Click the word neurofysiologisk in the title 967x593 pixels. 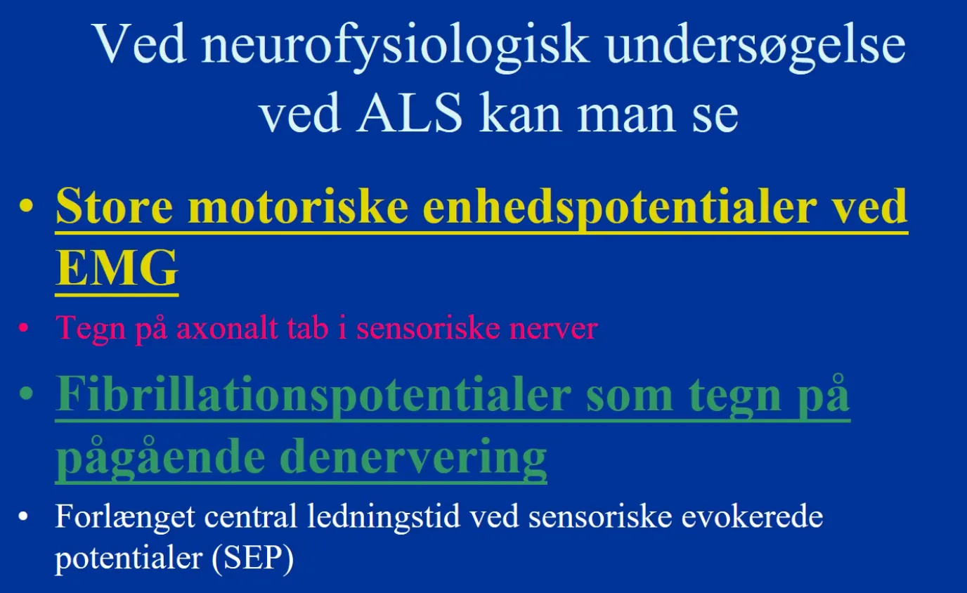[394, 46]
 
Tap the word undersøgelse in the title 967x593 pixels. [755, 46]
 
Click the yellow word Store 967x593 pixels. [115, 207]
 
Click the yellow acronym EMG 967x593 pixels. [117, 268]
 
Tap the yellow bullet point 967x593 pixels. [26, 207]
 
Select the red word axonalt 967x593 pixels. [226, 328]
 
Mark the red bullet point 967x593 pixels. [24, 327]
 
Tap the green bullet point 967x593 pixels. [26, 393]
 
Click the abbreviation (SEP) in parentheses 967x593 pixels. [253, 558]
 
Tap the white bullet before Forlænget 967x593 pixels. [23, 516]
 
